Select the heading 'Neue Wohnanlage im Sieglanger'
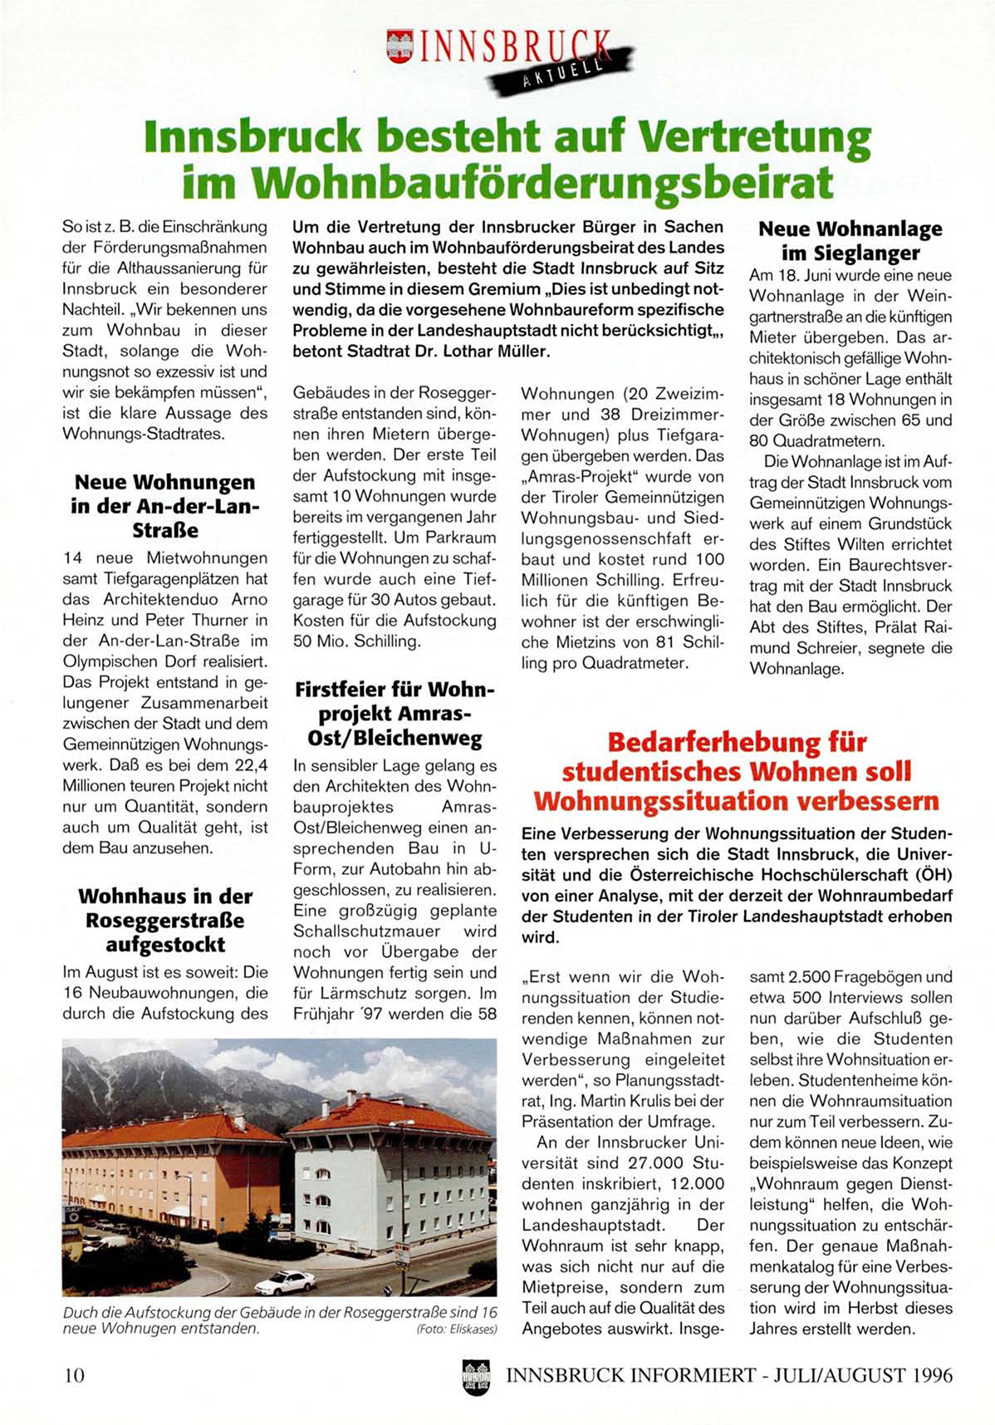(x=850, y=241)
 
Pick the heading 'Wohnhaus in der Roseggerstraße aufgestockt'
(x=164, y=921)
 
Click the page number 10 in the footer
(x=74, y=1375)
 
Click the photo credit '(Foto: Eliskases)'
(x=456, y=1329)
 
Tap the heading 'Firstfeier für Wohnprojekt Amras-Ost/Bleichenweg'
(x=395, y=714)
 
